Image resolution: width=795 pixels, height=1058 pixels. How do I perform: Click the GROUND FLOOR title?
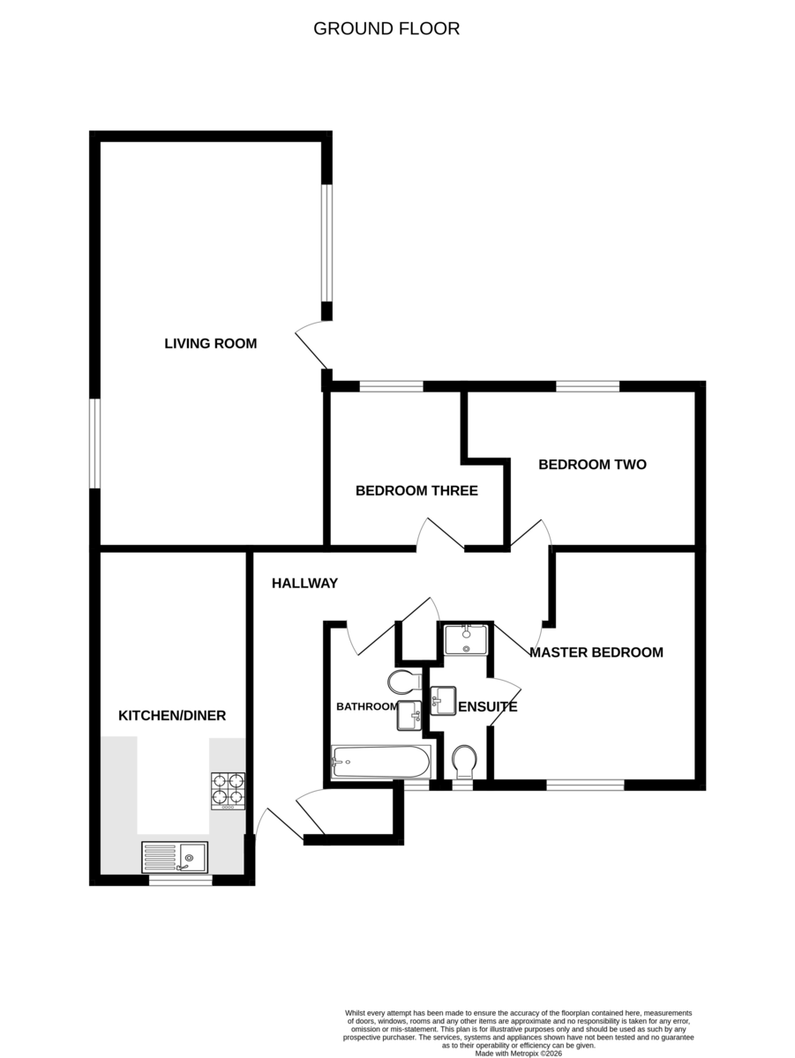386,29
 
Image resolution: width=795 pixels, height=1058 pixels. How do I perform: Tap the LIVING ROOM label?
210,344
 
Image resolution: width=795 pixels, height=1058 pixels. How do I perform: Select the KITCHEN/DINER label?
172,715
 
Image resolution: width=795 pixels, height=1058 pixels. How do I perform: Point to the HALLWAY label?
305,584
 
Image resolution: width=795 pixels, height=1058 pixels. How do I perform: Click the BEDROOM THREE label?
416,491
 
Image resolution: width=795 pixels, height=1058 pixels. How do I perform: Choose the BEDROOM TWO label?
592,464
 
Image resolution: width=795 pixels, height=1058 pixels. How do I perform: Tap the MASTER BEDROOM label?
596,652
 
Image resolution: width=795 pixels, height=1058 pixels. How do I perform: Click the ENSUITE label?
488,706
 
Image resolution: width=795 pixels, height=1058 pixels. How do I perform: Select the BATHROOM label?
367,706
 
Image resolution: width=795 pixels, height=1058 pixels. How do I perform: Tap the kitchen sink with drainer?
175,858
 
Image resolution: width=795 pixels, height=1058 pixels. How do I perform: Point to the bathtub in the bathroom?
381,762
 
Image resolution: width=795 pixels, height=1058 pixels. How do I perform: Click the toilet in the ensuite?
464,762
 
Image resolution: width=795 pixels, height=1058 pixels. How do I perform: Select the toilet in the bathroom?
405,681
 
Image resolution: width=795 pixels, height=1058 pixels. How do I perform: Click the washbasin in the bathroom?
409,715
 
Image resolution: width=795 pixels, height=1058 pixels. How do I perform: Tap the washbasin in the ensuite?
443,700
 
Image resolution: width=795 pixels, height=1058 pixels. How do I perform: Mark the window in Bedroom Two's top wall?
588,386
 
